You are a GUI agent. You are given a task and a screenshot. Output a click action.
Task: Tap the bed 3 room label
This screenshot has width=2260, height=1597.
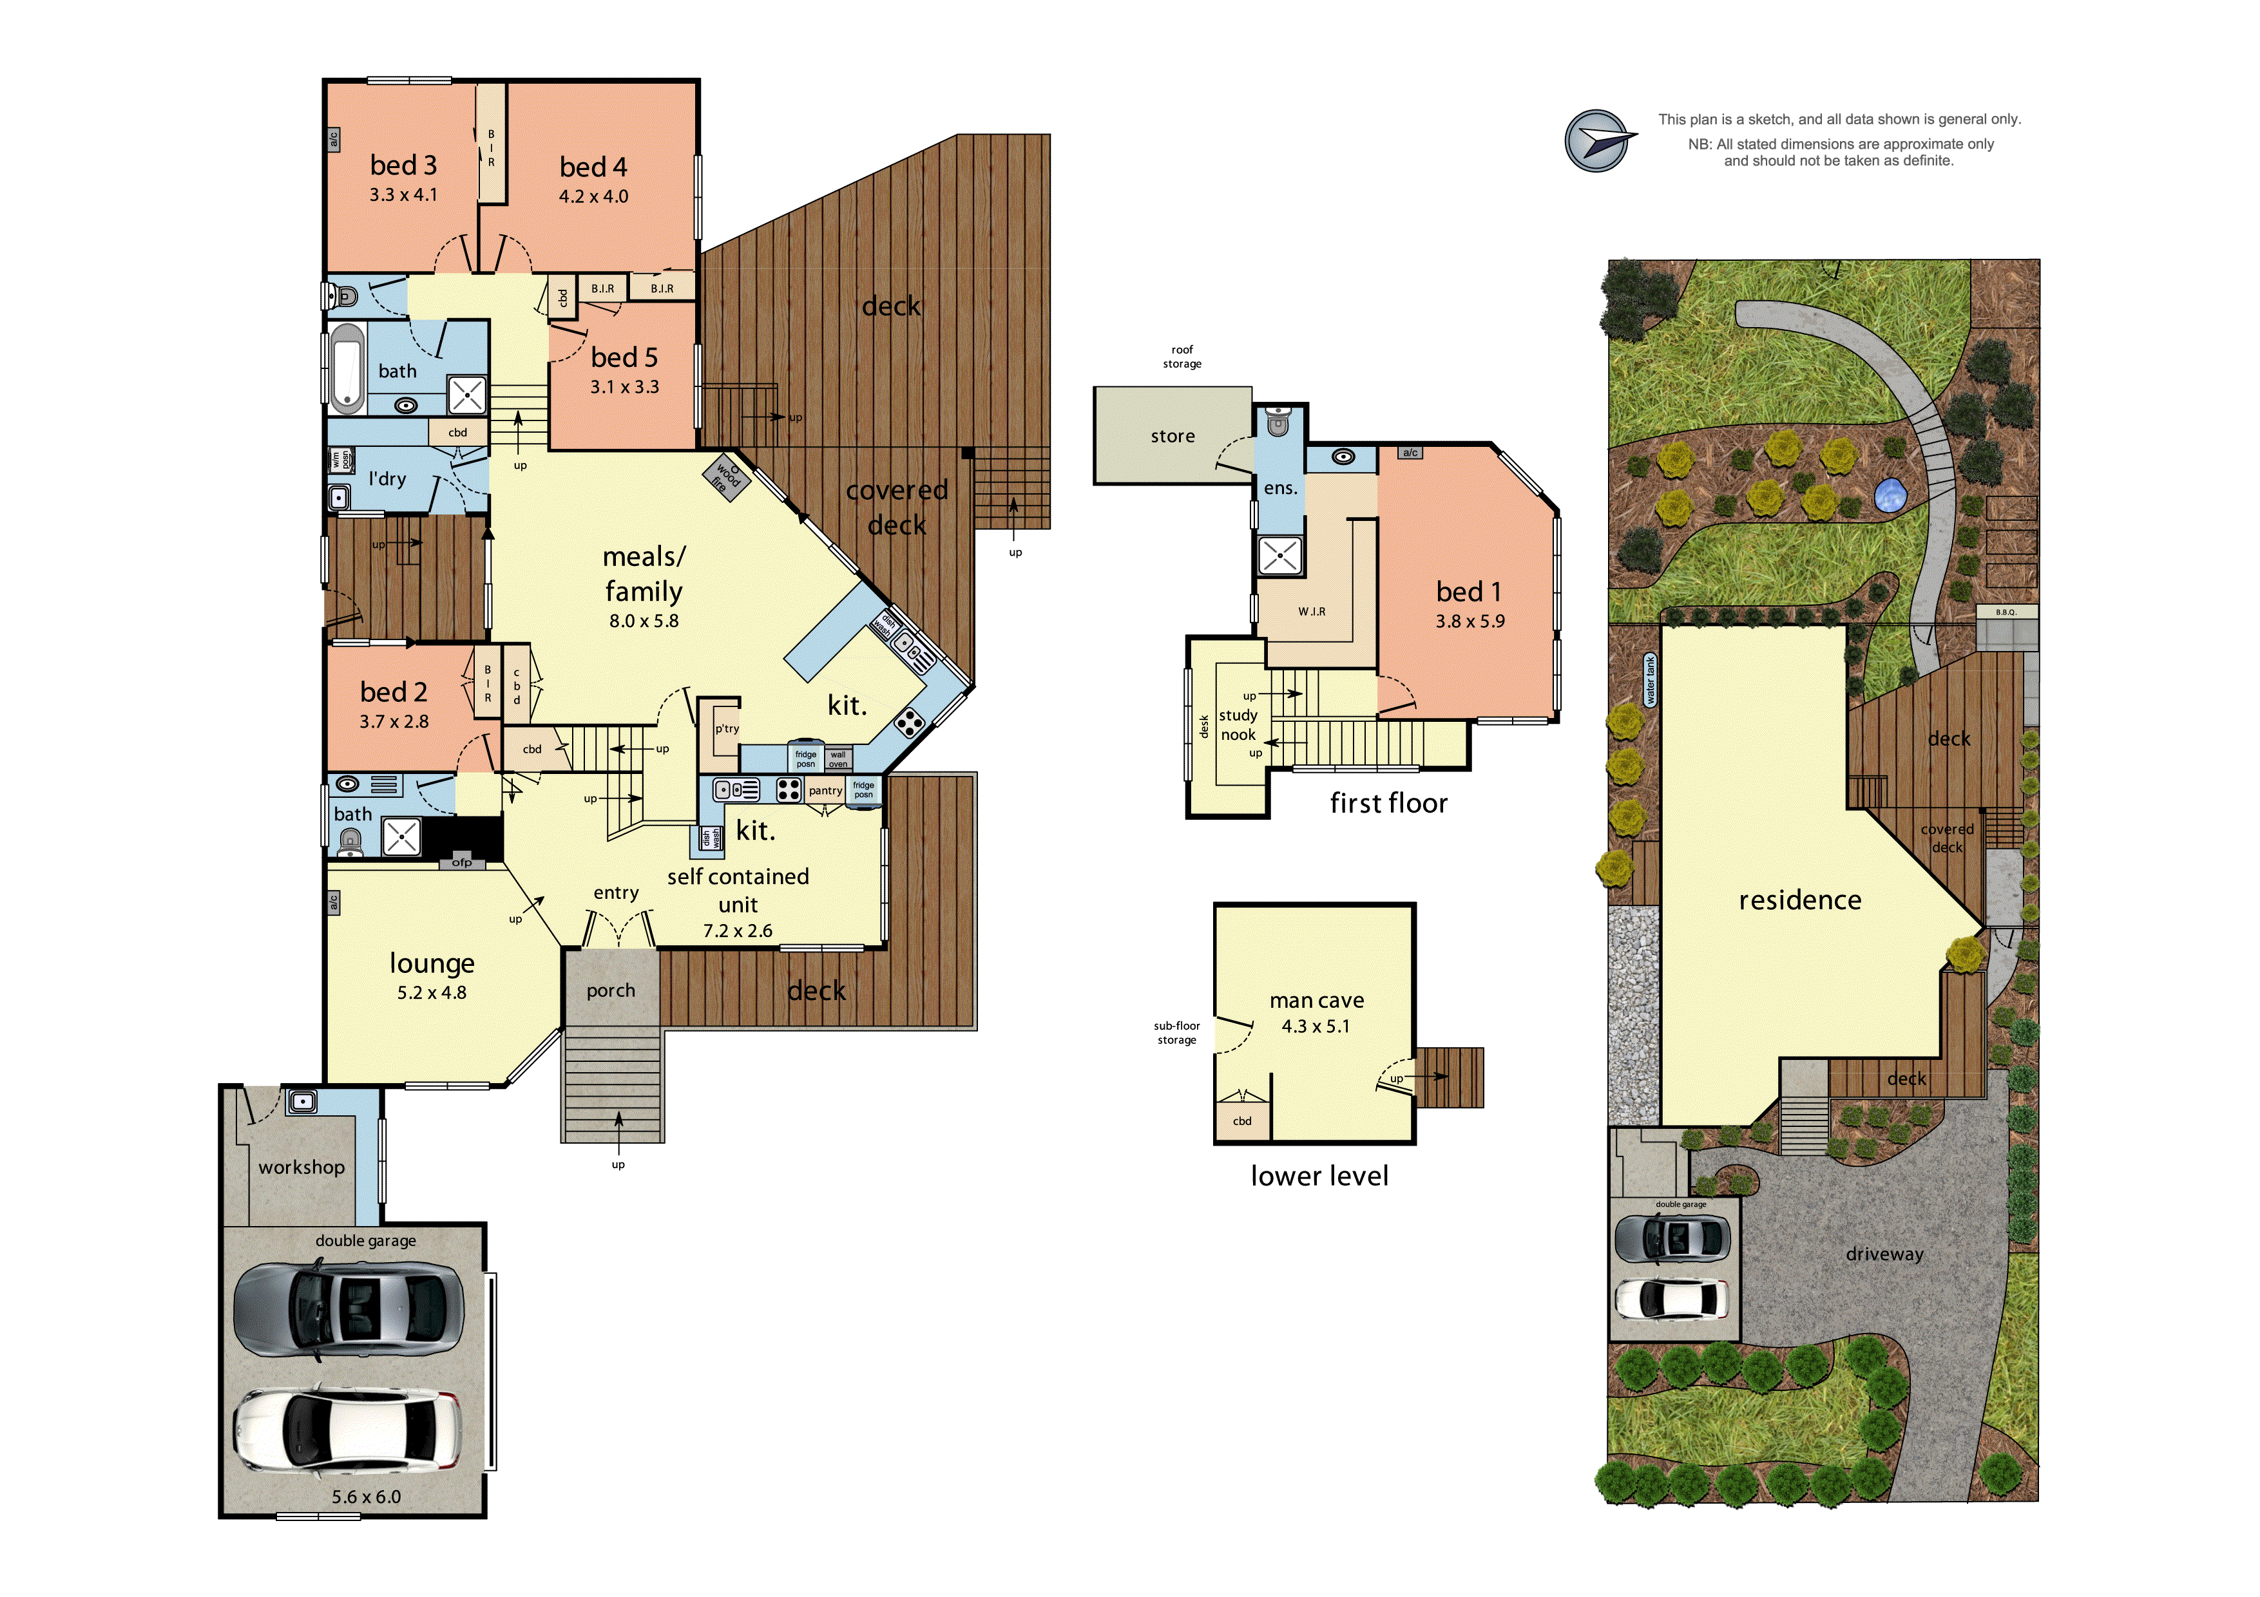point(403,165)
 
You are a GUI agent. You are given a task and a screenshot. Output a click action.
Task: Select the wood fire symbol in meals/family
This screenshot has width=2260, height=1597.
point(727,477)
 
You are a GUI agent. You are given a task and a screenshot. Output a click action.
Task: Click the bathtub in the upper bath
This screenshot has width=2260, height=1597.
point(347,368)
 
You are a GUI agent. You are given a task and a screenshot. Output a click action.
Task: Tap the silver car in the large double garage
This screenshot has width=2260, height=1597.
point(347,1308)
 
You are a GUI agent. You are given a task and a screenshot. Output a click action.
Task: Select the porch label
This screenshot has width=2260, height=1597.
point(610,991)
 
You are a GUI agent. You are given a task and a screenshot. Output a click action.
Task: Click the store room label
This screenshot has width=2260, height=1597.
point(1173,436)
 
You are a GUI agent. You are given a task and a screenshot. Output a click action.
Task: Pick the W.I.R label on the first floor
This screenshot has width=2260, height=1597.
point(1311,612)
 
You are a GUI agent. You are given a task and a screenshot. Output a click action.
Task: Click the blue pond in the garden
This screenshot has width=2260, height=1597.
point(1890,495)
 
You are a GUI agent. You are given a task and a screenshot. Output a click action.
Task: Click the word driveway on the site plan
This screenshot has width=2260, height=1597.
point(1884,1254)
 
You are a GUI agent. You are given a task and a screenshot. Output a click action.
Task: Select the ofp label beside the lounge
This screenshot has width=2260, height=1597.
point(462,863)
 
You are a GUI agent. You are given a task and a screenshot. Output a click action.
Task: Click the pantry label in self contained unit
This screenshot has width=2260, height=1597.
point(825,790)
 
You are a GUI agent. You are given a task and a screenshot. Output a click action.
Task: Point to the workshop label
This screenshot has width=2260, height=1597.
point(302,1167)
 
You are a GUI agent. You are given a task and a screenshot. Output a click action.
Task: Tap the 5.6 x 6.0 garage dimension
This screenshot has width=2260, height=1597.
point(366,1497)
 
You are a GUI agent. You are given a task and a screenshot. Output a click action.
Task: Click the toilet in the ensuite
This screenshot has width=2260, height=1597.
point(1278,422)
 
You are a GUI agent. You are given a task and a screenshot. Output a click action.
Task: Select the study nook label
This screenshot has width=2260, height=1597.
point(1238,725)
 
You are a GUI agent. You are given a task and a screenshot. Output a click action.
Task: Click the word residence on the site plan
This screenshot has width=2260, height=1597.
point(1799,900)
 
